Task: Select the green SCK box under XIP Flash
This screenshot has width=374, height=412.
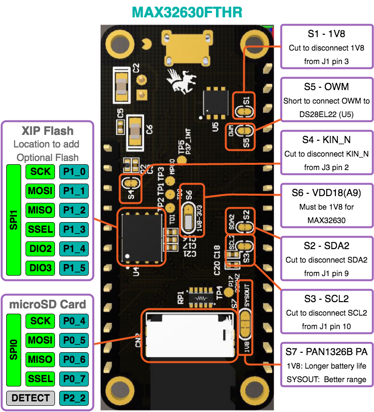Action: [40, 172]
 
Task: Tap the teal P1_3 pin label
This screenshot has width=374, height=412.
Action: [73, 230]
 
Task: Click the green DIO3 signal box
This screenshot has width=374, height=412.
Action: [40, 268]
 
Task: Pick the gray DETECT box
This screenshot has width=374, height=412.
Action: [30, 398]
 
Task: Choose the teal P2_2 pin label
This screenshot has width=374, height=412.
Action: [73, 398]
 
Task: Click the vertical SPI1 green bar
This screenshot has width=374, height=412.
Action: [13, 220]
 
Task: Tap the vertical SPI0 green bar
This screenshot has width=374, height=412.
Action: [13, 350]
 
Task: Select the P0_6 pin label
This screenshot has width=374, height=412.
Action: [73, 359]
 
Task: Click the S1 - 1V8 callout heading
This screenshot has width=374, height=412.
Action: [327, 35]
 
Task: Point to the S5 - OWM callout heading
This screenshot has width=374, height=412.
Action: [327, 87]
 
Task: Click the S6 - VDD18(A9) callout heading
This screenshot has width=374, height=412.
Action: [327, 193]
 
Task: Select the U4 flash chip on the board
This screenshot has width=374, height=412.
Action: [142, 237]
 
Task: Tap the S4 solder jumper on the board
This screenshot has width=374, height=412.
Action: [131, 184]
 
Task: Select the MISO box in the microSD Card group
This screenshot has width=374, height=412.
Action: [40, 359]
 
